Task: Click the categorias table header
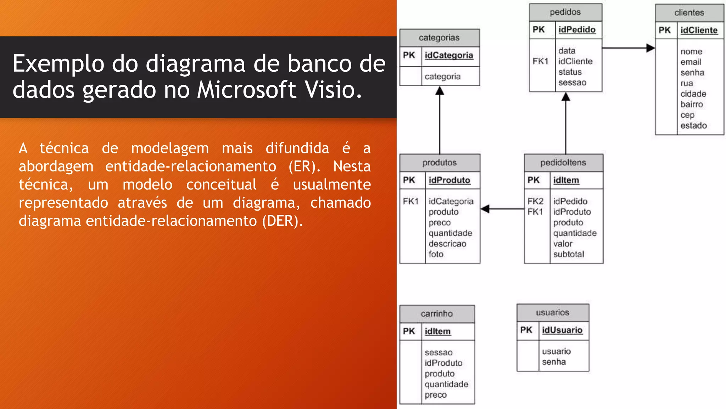[439, 38]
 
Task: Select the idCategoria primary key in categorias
[449, 55]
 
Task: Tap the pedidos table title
[565, 12]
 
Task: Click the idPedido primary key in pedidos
[577, 30]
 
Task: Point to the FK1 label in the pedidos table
[540, 61]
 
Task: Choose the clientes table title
[689, 13]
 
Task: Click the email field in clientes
[691, 62]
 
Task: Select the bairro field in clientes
[692, 104]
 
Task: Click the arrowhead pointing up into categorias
[440, 91]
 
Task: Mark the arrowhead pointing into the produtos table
[485, 209]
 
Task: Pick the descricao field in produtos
[447, 244]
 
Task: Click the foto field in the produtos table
[436, 254]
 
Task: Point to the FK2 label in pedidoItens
[535, 201]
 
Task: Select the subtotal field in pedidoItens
[569, 254]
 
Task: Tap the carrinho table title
[437, 314]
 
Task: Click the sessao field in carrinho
[439, 353]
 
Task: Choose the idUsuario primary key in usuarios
[562, 330]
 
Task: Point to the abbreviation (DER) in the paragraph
[282, 221]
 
